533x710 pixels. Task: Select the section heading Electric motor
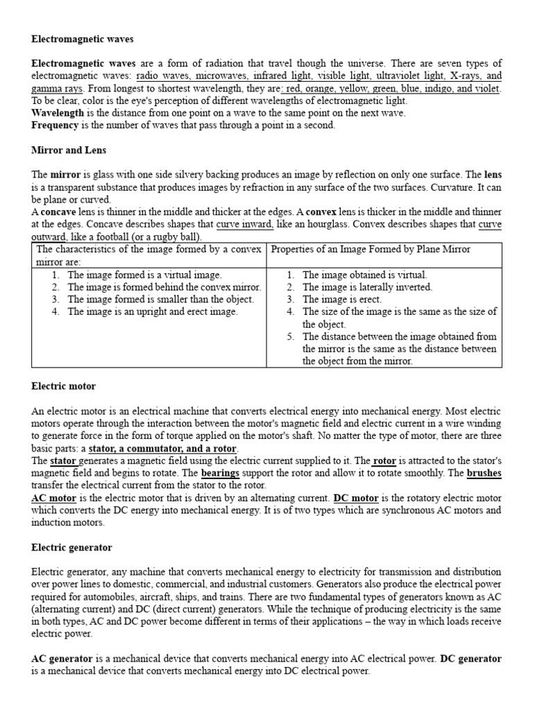pos(64,386)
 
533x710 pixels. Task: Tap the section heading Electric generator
pos(71,547)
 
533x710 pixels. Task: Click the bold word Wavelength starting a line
pos(57,112)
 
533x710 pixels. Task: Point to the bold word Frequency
pos(56,125)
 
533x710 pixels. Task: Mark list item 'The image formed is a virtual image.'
pos(144,275)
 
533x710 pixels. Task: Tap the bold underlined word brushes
pos(484,474)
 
